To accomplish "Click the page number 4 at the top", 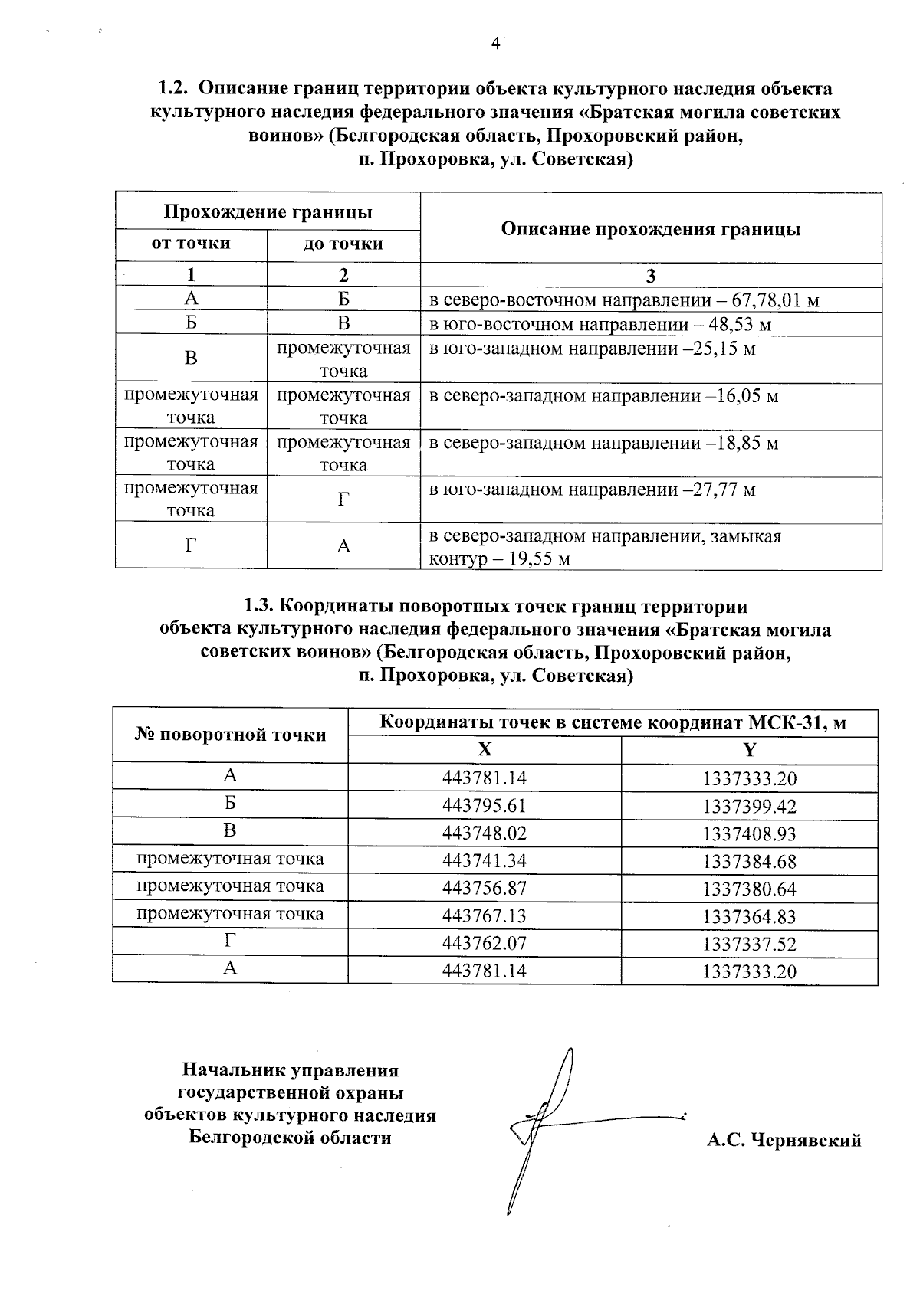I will click(495, 44).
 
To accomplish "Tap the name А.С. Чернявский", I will click(784, 1141).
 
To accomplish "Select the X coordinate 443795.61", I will click(485, 806).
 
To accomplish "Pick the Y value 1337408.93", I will click(749, 833).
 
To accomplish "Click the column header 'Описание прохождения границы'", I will click(650, 229).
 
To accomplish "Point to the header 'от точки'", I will click(191, 244).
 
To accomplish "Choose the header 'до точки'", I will click(343, 244).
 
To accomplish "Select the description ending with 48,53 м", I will click(600, 324).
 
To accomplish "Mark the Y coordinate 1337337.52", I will click(749, 944).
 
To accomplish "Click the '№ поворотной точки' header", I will click(230, 735).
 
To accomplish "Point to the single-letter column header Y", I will click(749, 750).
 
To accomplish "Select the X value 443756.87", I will click(485, 889).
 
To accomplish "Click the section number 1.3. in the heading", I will click(258, 607).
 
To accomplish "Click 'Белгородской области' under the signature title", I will click(290, 1138).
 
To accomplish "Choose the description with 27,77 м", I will click(592, 490).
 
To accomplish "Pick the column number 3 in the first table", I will click(650, 276).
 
